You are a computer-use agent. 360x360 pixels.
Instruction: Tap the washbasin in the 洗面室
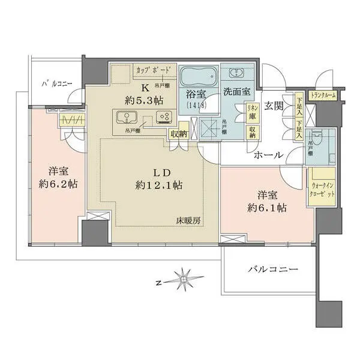click(x=236, y=73)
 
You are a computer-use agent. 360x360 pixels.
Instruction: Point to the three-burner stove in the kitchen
click(x=163, y=117)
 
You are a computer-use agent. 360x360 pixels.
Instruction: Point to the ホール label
click(x=268, y=155)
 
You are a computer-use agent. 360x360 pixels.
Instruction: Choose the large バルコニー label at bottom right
click(x=272, y=269)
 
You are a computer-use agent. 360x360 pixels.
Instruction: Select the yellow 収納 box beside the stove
click(x=178, y=133)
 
